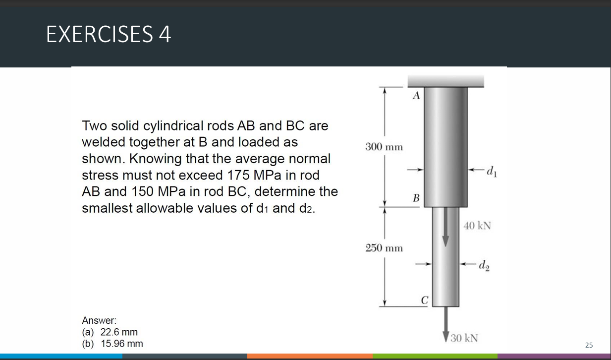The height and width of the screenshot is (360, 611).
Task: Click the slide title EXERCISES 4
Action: (x=109, y=34)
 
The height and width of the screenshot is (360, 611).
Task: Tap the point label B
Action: (x=416, y=198)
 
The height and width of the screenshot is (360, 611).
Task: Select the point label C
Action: (x=424, y=300)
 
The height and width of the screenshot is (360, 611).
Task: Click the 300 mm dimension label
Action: (x=384, y=147)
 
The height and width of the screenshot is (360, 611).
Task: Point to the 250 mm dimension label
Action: (x=384, y=247)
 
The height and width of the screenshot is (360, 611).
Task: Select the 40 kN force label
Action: (x=478, y=226)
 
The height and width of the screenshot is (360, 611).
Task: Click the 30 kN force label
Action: (x=464, y=338)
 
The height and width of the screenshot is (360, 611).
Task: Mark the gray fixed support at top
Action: (x=445, y=80)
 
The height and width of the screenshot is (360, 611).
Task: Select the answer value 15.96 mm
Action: (x=121, y=344)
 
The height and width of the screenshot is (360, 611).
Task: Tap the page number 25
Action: (x=589, y=345)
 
